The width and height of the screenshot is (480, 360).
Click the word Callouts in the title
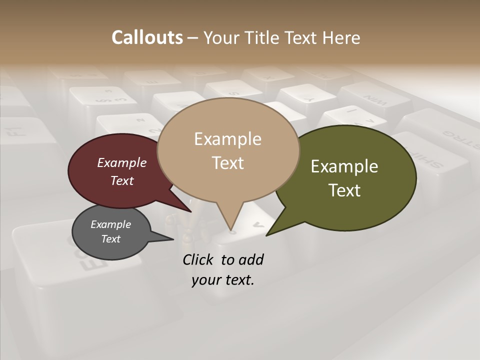pos(147,37)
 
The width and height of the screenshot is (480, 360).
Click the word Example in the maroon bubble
pos(121,163)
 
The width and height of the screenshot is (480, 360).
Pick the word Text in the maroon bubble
pos(122,180)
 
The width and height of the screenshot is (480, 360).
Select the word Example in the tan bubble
pos(227,139)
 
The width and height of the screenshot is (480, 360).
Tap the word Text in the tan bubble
pos(227,163)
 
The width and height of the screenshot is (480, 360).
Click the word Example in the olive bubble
pos(344,166)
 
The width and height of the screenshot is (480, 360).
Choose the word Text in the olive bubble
pos(344,190)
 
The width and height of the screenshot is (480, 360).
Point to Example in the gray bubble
pos(110,224)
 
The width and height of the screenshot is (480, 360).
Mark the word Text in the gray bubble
pos(110,239)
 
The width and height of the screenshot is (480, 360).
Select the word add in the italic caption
pos(250,259)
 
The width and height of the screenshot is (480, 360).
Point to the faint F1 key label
pos(15,131)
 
